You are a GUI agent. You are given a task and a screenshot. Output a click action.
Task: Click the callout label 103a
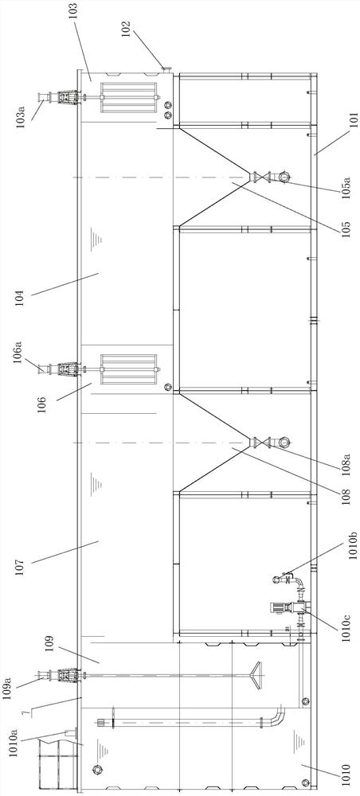(24, 116)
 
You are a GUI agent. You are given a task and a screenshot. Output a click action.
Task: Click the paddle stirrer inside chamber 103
(128, 98)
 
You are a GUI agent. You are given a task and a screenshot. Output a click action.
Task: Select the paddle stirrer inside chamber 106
(128, 369)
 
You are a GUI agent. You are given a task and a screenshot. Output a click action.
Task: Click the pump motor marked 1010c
(277, 606)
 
